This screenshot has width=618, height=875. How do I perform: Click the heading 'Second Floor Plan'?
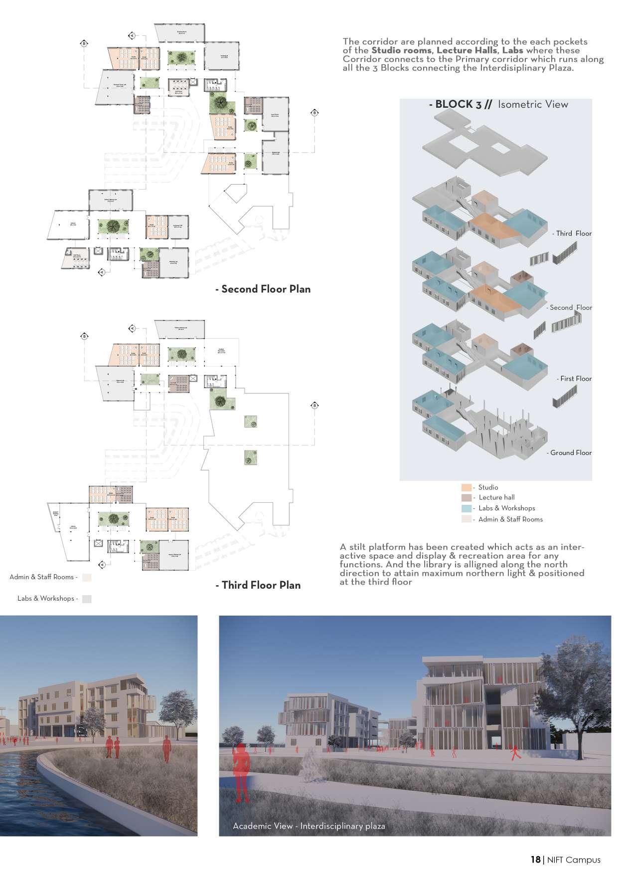(x=266, y=289)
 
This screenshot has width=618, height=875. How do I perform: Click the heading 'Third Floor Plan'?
(x=261, y=585)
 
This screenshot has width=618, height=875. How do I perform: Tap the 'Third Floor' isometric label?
(x=574, y=233)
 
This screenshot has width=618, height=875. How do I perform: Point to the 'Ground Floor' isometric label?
(x=571, y=453)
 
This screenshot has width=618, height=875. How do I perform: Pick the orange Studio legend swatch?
(x=466, y=487)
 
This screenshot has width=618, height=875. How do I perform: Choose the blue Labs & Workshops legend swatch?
(x=466, y=508)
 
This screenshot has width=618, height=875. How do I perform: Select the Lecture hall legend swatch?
(x=466, y=498)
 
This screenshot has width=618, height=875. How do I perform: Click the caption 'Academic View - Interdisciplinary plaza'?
(x=309, y=826)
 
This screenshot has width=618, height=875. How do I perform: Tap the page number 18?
(x=535, y=860)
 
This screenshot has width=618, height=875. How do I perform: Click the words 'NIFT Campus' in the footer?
(x=574, y=860)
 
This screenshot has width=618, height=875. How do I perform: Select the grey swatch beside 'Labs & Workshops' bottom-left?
(x=87, y=599)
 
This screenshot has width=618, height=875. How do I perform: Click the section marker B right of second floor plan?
(x=314, y=113)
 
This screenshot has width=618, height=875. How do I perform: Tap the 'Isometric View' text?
(x=533, y=104)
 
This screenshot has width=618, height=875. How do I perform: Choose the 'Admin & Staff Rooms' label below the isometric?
(x=510, y=519)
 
